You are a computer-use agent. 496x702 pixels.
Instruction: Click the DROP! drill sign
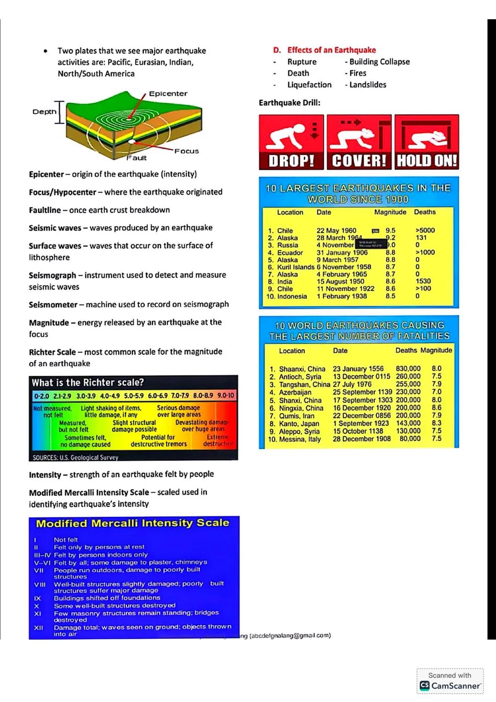click(291, 142)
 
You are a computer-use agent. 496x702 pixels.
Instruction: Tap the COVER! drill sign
click(359, 142)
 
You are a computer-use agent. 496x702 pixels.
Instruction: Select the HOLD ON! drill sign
click(427, 142)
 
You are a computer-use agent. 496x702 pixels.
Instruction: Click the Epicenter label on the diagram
click(168, 94)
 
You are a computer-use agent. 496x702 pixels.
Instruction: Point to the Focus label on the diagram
click(186, 151)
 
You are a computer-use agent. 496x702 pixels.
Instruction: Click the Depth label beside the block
click(44, 112)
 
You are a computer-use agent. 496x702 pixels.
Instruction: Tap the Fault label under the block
click(136, 158)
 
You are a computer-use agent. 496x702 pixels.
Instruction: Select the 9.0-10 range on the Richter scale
click(225, 396)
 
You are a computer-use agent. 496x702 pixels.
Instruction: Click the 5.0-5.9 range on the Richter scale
click(134, 396)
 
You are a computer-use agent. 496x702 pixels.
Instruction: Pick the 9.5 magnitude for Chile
click(390, 231)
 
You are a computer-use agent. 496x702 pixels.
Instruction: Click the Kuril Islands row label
click(296, 267)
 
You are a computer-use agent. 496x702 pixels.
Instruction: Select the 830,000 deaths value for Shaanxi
click(408, 368)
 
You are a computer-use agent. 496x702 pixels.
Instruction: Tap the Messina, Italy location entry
click(299, 439)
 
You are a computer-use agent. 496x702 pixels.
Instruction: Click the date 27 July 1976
click(352, 384)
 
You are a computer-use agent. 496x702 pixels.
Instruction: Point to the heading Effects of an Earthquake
click(331, 50)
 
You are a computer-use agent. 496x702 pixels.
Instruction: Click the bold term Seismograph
click(52, 275)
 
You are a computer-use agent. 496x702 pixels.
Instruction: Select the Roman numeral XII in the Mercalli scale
click(39, 628)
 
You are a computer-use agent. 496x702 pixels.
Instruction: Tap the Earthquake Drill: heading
click(289, 103)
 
